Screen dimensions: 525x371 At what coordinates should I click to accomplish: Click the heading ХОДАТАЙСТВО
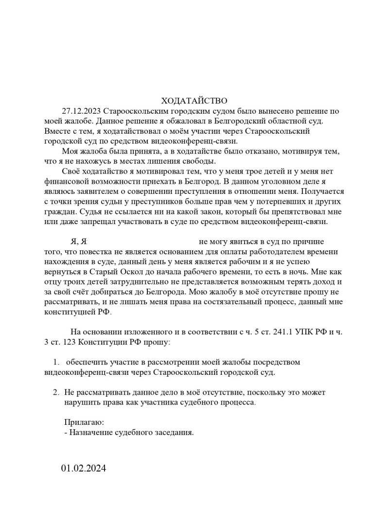(x=194, y=101)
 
